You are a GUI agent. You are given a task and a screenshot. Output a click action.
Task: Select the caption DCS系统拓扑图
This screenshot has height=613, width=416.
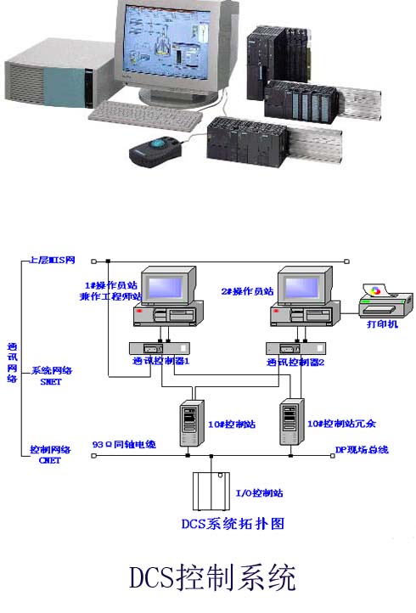pos(233,523)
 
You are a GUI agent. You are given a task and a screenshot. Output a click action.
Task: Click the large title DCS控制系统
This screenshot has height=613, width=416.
pos(212,579)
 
